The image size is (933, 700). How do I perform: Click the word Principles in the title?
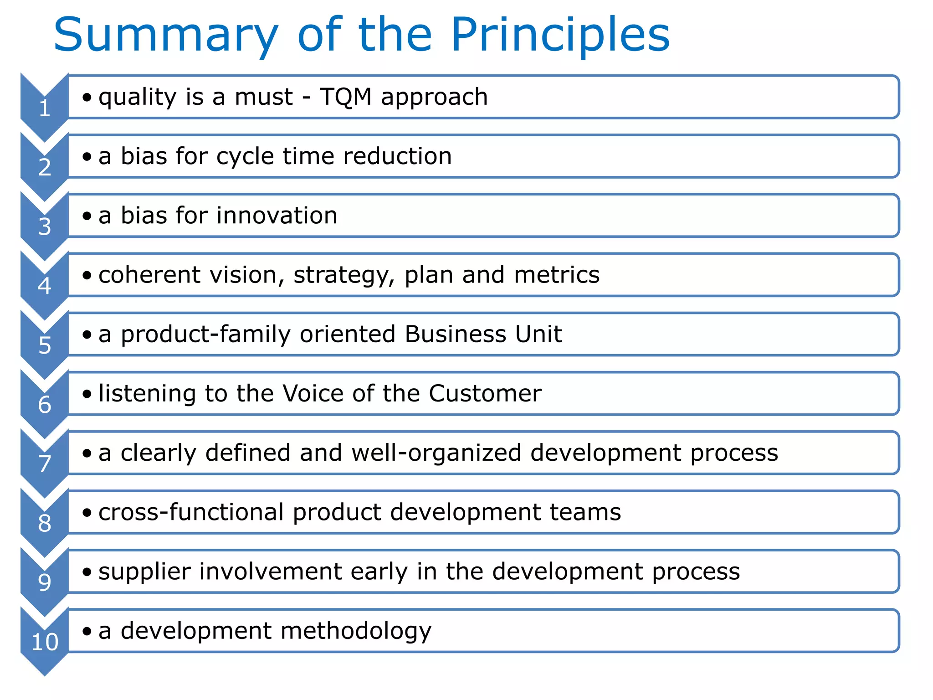[x=560, y=36]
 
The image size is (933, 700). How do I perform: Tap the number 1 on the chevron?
[x=44, y=108]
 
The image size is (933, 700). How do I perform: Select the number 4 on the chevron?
[x=44, y=286]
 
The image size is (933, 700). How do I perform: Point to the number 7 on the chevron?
[x=44, y=464]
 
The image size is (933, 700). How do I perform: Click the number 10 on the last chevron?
[x=44, y=642]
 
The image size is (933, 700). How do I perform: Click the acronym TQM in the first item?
[x=345, y=97]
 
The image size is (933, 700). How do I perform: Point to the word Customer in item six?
[x=485, y=393]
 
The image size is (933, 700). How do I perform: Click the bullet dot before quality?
[x=87, y=97]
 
